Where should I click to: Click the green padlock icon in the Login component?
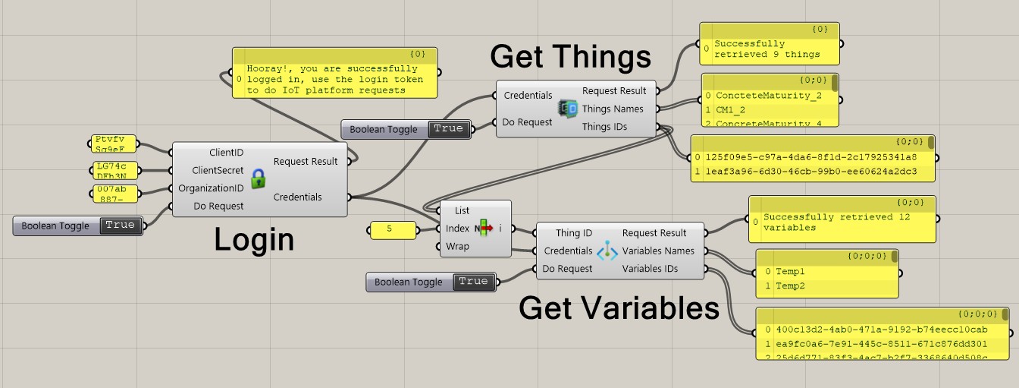(259, 178)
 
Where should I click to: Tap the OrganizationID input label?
(211, 188)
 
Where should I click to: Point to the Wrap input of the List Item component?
(457, 246)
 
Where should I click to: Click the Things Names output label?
(613, 109)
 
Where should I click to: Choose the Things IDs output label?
(604, 127)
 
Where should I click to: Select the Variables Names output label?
(659, 251)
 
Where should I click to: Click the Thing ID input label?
(573, 233)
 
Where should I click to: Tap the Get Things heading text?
(570, 56)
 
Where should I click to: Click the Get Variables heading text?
(619, 308)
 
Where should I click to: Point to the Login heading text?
(253, 239)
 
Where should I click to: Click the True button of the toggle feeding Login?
(120, 226)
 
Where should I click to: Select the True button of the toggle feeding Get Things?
(448, 129)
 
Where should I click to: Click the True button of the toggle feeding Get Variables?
(473, 282)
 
